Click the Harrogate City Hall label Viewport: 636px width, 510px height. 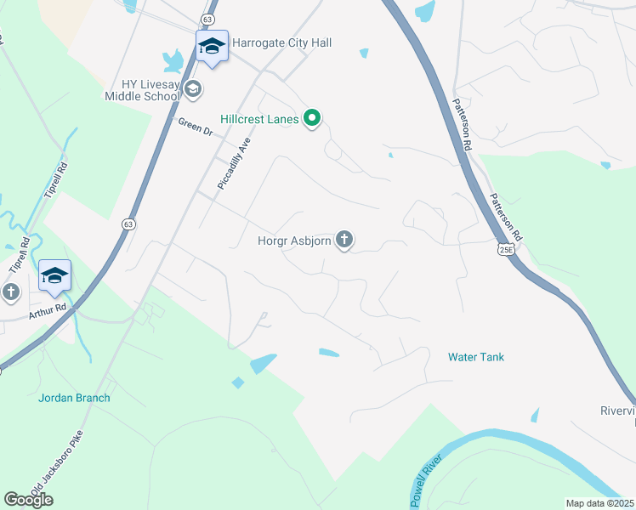[281, 42]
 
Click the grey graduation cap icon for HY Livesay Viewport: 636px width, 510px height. [193, 88]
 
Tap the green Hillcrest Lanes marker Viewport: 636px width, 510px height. [312, 119]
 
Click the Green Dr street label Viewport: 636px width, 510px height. [195, 127]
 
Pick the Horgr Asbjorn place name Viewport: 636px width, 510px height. [294, 241]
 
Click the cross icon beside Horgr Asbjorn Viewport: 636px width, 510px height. [344, 241]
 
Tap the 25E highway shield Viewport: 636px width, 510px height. [505, 250]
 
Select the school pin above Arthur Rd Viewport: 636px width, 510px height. [54, 275]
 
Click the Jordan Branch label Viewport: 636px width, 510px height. [74, 397]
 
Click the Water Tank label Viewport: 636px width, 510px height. [476, 357]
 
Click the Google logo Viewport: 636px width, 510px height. [28, 500]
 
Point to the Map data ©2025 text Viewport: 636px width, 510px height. [599, 503]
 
